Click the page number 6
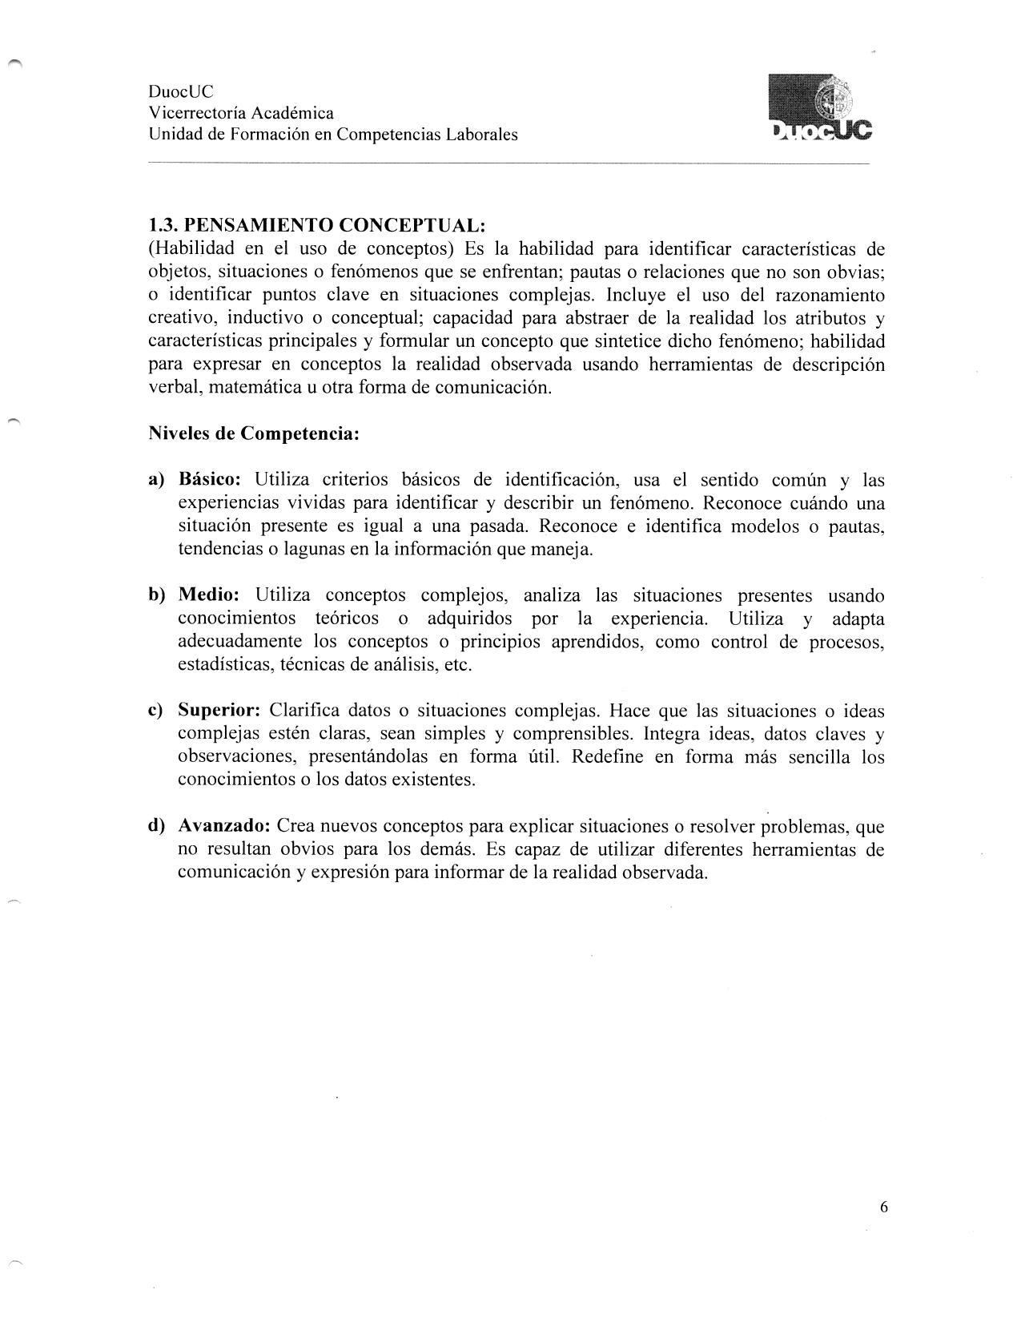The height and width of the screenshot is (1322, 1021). (883, 1207)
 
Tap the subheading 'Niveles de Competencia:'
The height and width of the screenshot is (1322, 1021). (254, 434)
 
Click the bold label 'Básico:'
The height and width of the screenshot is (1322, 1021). (210, 480)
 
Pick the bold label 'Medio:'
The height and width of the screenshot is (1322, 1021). (209, 595)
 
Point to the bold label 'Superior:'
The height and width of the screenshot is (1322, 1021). (219, 711)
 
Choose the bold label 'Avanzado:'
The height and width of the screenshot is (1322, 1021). (224, 826)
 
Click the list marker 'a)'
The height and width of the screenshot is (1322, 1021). (156, 480)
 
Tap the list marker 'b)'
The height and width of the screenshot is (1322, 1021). (156, 595)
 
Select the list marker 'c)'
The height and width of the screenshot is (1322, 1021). (156, 711)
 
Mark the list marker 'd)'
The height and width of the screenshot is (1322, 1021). (156, 826)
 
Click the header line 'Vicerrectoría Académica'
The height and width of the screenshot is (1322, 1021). (241, 113)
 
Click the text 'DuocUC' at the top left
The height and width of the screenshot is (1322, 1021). (181, 91)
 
